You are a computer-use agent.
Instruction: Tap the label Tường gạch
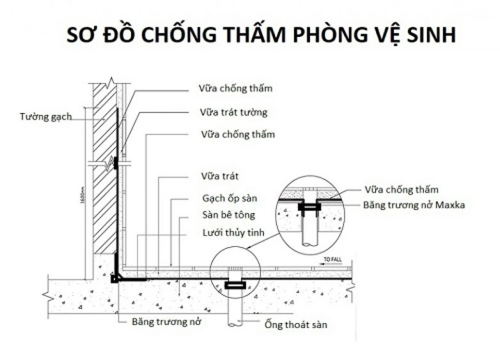(x=46, y=116)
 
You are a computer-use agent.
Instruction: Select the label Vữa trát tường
(x=234, y=113)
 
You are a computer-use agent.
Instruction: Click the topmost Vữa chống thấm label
(x=236, y=88)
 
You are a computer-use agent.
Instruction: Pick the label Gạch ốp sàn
(x=230, y=199)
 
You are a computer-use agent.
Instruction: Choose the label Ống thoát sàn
(x=296, y=324)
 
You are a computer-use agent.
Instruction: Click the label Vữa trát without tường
(x=220, y=176)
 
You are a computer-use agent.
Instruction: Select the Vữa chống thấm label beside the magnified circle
(x=401, y=190)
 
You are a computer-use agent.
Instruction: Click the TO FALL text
(x=332, y=260)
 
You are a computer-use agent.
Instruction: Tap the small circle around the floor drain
(x=235, y=275)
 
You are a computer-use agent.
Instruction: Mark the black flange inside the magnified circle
(x=310, y=207)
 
